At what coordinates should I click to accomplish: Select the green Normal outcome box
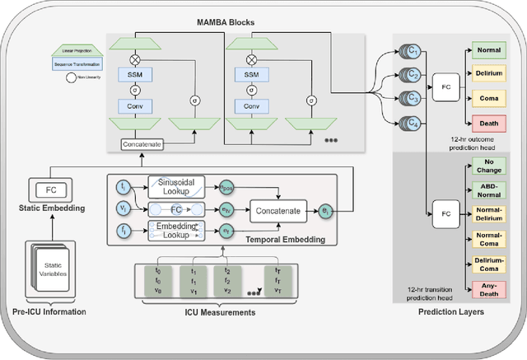point(488,51)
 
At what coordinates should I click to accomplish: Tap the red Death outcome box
point(488,123)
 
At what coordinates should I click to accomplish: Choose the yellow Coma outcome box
point(488,99)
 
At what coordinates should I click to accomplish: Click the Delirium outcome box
point(488,75)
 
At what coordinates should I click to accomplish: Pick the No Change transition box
point(488,166)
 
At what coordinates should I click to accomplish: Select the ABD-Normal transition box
point(488,190)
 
